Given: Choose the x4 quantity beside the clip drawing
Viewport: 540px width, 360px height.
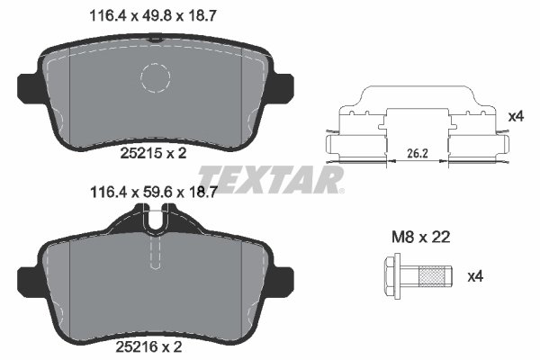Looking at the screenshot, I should [x=516, y=116].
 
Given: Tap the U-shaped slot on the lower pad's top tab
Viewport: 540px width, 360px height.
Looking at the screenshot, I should [x=155, y=219].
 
